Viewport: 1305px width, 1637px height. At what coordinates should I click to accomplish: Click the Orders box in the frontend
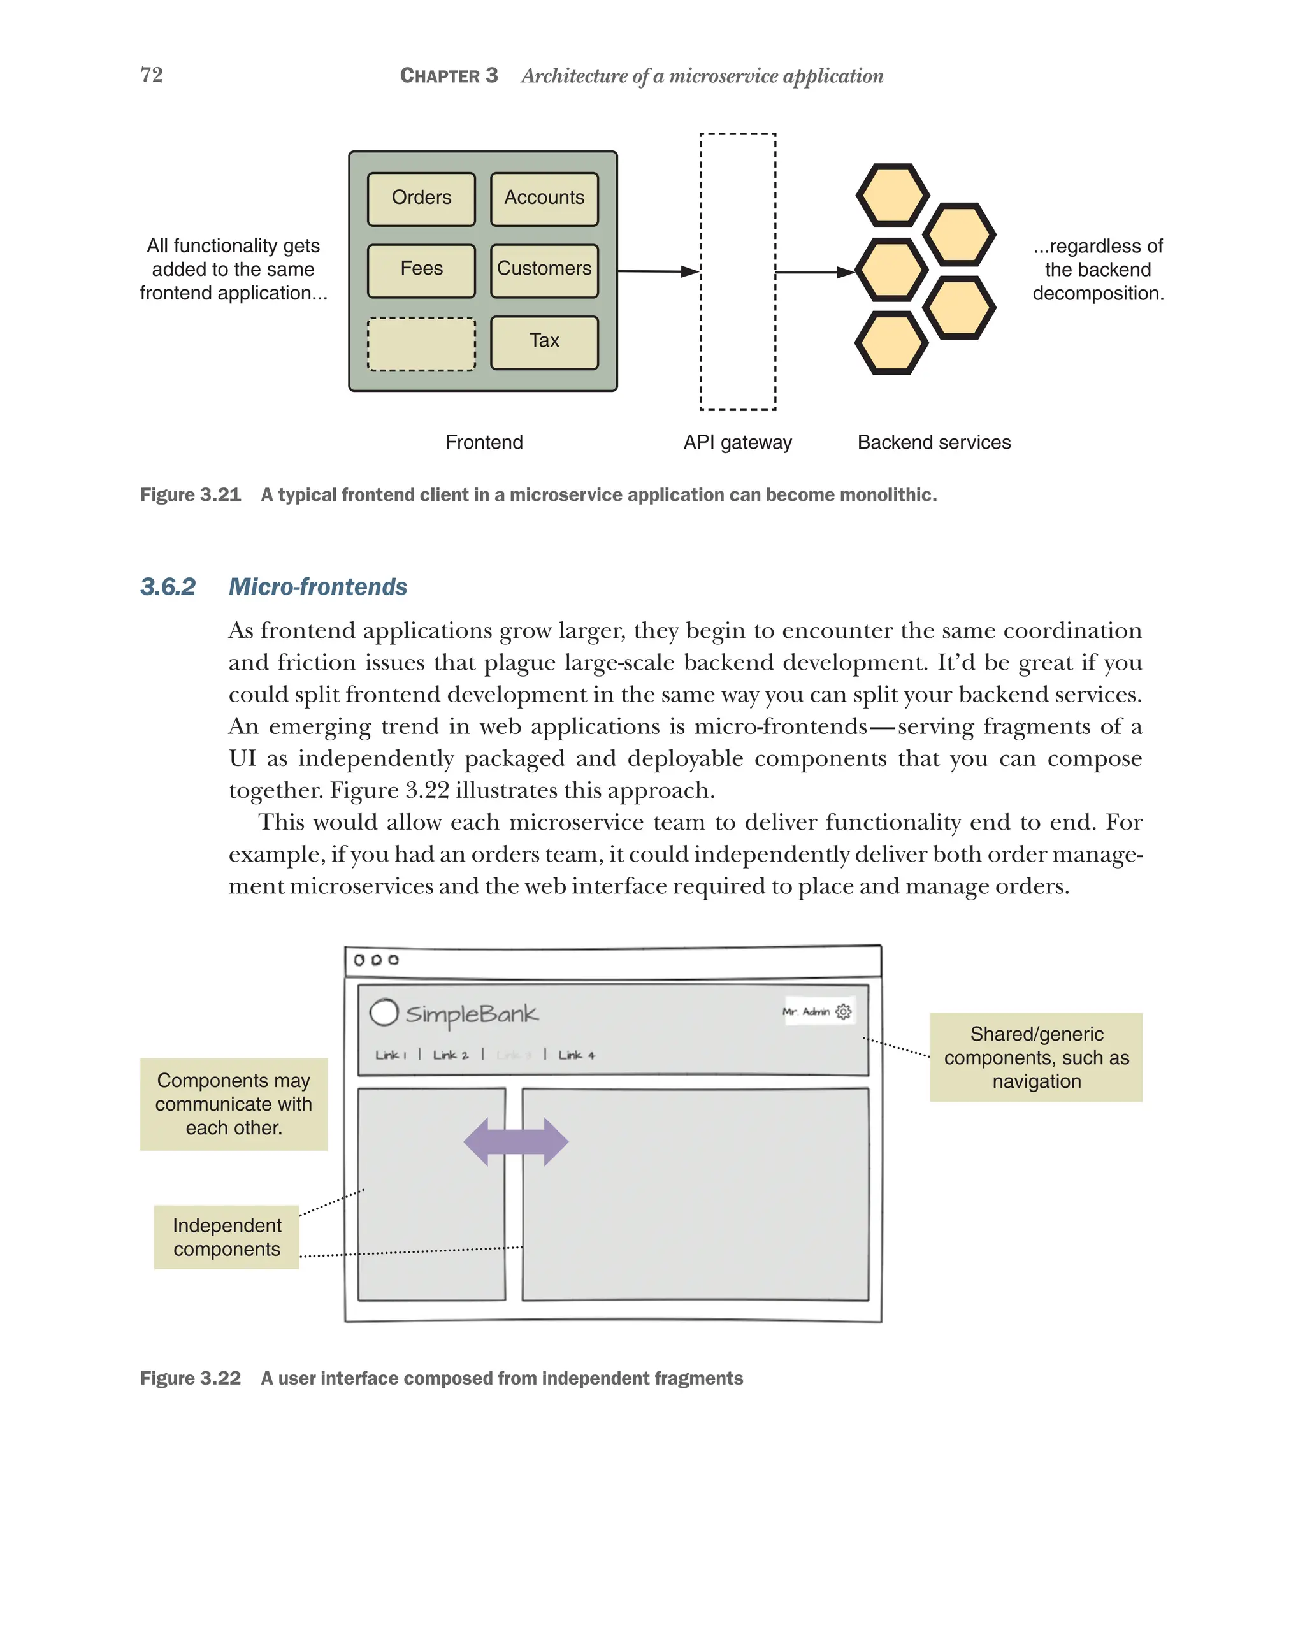[421, 199]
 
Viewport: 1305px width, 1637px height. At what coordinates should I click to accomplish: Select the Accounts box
[544, 199]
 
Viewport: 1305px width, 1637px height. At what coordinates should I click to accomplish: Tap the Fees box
[421, 270]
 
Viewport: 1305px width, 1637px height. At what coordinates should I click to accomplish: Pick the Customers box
[544, 270]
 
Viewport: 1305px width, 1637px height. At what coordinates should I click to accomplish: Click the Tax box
[544, 342]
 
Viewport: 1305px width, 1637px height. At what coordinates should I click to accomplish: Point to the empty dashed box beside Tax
[421, 344]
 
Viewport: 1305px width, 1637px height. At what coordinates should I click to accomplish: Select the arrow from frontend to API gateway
[657, 271]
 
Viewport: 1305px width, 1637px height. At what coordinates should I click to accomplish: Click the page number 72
[151, 75]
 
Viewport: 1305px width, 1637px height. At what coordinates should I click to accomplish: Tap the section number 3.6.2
[168, 587]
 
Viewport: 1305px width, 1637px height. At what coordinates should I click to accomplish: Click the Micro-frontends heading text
[317, 587]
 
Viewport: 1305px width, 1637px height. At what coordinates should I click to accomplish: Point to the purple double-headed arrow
[516, 1141]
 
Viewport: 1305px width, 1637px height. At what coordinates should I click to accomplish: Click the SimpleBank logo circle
[384, 1012]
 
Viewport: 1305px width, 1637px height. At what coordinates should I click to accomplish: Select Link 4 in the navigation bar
[576, 1055]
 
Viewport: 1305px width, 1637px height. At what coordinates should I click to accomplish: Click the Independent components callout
[226, 1236]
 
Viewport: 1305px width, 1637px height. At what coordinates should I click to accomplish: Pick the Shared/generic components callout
[1035, 1057]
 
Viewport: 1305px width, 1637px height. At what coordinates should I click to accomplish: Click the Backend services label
[933, 443]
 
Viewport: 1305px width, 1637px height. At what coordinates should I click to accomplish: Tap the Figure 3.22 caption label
[190, 1378]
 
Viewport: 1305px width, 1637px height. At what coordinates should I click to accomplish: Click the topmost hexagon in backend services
[892, 195]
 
